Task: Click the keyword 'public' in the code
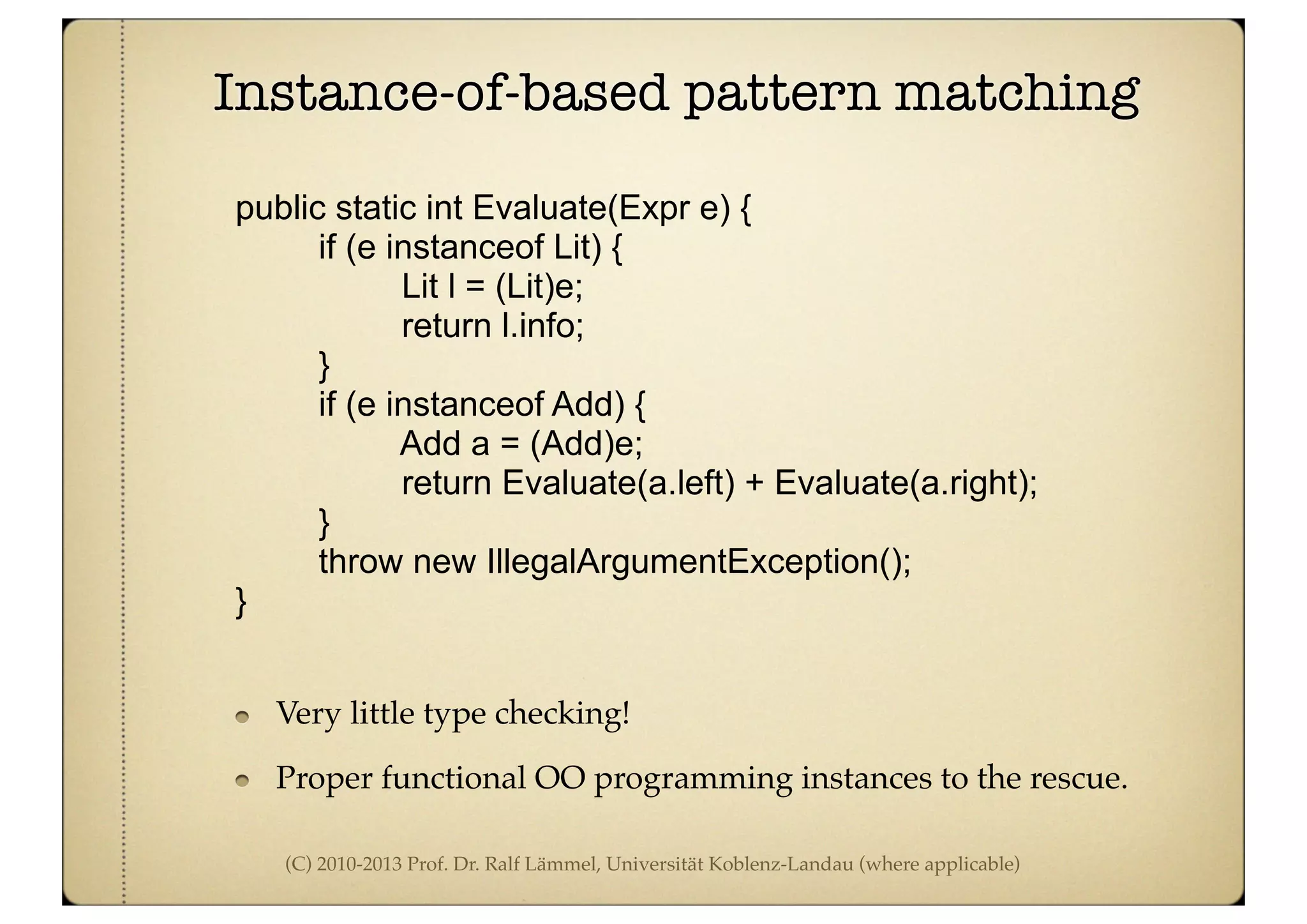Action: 280,208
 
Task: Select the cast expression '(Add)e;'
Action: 586,444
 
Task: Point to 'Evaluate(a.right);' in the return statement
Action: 906,483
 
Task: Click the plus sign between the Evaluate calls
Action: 754,484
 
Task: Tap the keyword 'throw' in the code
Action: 361,562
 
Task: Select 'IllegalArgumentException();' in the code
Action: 699,562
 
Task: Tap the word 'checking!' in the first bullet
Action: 562,714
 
